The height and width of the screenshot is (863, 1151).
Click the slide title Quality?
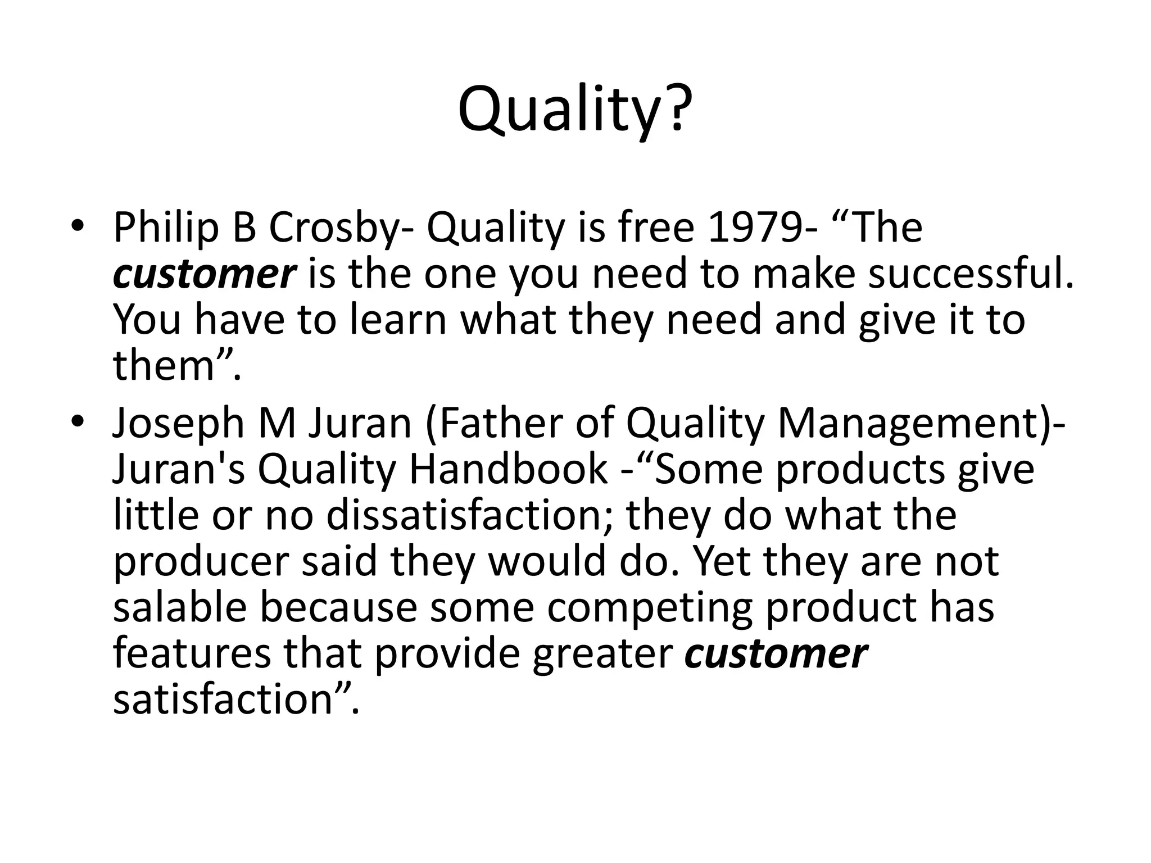[575, 110]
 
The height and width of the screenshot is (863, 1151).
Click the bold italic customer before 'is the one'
[204, 274]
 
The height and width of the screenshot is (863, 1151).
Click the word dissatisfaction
[469, 515]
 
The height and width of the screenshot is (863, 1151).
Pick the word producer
[201, 561]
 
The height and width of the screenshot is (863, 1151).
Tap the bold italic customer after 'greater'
[776, 653]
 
